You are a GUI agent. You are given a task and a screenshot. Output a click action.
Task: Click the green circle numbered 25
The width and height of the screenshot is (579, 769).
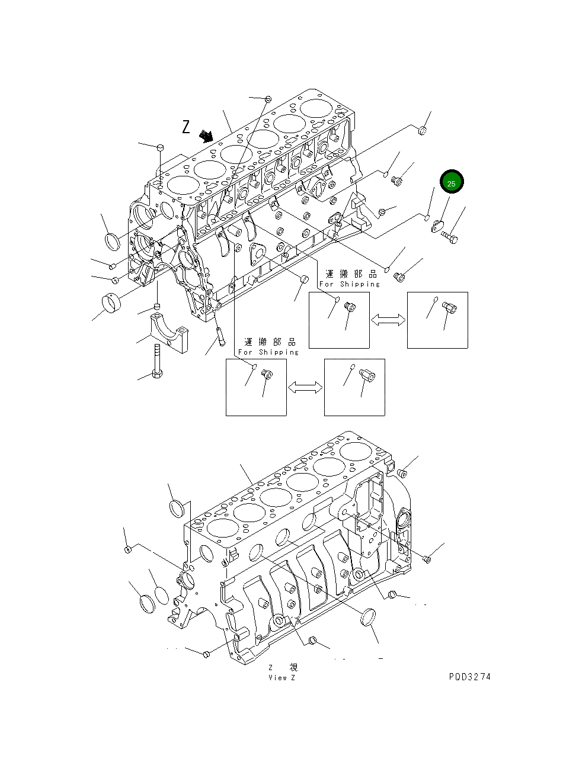(451, 184)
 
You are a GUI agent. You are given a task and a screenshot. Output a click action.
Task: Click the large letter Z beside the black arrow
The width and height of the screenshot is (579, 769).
(186, 127)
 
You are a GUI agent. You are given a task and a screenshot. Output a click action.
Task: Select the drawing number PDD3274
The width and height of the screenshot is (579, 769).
(469, 677)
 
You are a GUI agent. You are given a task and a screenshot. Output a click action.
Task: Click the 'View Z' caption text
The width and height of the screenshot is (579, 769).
(281, 678)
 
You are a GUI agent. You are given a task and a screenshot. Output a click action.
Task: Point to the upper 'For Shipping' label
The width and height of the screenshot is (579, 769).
(349, 284)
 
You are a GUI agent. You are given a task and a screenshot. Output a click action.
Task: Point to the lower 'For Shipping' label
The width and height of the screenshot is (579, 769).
(268, 352)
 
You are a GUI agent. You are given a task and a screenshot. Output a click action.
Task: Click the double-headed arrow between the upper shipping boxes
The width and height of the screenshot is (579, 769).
(388, 320)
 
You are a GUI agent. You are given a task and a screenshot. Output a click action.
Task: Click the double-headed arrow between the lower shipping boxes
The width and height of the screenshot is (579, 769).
(305, 387)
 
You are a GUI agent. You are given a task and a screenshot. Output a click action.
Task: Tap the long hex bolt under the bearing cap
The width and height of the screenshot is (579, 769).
(157, 362)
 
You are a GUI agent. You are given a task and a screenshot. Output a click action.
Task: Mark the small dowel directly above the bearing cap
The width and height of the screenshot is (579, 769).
(158, 306)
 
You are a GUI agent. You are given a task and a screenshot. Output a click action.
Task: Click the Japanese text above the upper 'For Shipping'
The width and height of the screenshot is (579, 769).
(351, 274)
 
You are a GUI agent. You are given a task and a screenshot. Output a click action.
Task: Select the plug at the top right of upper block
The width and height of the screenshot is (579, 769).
(423, 130)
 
